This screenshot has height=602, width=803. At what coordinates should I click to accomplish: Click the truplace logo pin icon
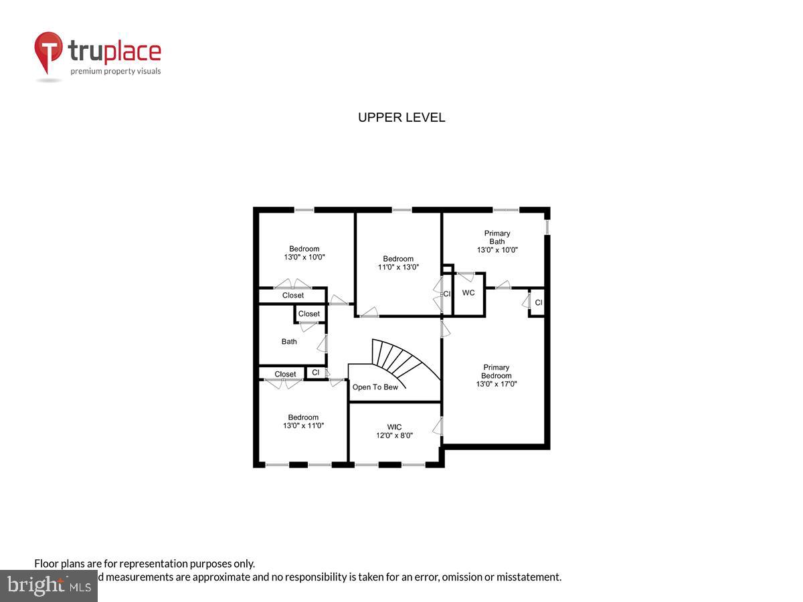point(49,53)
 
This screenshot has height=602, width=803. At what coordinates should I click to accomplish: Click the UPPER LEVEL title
point(401,118)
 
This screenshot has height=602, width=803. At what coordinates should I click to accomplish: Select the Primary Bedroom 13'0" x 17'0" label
point(497,375)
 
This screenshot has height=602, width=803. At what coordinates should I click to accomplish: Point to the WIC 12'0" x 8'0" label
point(394,431)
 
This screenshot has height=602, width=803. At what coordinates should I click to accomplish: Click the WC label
point(468,293)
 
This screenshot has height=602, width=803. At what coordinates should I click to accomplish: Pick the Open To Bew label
point(375,387)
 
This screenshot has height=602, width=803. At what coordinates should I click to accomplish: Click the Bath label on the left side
point(289,342)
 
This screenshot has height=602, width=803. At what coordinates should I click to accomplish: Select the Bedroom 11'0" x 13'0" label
point(398,263)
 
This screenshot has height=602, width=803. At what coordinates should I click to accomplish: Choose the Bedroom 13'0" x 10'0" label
point(304,253)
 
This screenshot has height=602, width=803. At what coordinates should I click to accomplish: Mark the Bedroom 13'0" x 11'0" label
point(303,421)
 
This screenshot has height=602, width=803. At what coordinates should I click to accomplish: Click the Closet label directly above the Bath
point(309,314)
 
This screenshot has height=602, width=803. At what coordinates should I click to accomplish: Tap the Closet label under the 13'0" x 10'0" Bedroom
point(293,295)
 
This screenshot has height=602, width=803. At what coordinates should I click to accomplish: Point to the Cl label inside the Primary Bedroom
point(538,303)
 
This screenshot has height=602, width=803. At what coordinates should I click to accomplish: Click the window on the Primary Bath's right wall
point(547,227)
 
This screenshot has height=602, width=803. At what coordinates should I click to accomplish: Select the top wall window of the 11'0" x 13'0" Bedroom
point(401,210)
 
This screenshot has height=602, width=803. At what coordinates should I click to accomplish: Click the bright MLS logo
point(48,586)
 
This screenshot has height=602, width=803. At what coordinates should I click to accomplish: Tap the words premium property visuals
point(116,71)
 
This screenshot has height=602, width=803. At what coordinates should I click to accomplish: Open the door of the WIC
point(438,427)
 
